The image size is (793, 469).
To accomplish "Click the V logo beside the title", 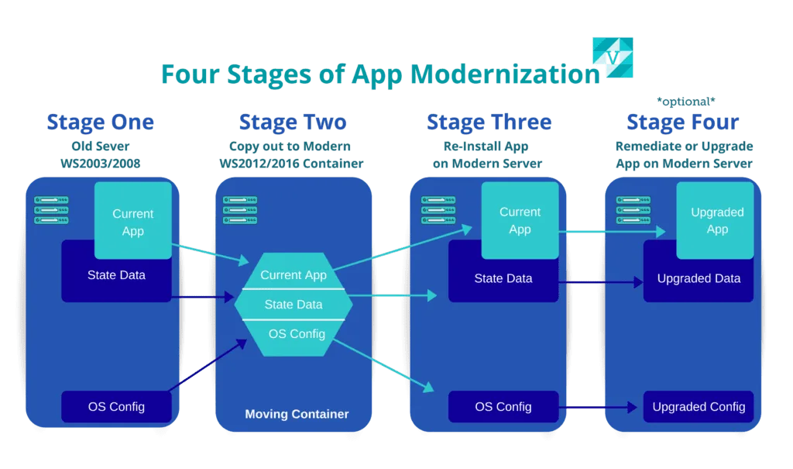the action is tap(613, 57).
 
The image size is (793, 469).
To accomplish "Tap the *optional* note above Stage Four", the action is tap(686, 102).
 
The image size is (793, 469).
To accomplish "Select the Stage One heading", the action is tap(100, 122).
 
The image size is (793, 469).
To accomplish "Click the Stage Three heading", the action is tap(489, 122).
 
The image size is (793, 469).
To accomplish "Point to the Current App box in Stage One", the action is tap(133, 221).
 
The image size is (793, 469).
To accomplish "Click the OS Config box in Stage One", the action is tap(116, 407).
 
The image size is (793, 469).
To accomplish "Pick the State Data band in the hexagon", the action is tap(294, 305).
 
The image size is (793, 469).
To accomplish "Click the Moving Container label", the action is tap(297, 414).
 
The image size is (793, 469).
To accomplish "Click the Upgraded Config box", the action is tap(699, 407).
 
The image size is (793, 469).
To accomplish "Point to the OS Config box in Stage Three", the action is tap(503, 407).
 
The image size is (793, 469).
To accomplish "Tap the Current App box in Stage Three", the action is tap(520, 221).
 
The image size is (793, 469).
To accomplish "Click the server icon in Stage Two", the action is tap(240, 210).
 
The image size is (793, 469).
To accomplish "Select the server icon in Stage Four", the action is tap(633, 210).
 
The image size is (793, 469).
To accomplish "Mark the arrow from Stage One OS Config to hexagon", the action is tap(208, 366).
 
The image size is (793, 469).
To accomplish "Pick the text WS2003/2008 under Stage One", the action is tap(100, 164).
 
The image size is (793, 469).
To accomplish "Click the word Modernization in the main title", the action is tap(505, 74).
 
